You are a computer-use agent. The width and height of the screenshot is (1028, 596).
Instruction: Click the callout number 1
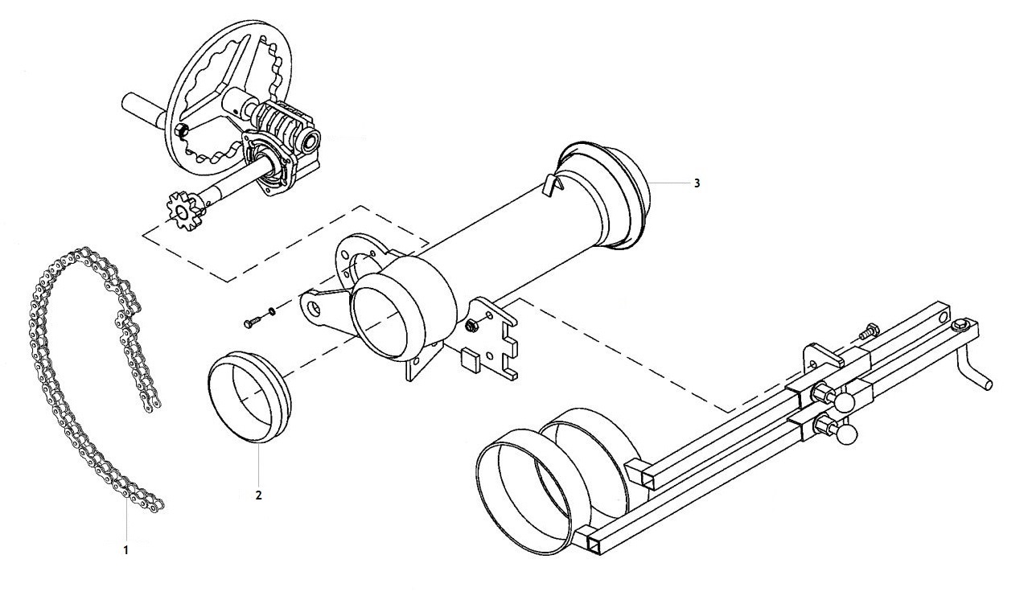click(x=125, y=551)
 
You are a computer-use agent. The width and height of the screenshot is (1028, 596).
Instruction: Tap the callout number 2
click(x=258, y=495)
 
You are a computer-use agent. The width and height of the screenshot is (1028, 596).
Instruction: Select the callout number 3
click(x=697, y=183)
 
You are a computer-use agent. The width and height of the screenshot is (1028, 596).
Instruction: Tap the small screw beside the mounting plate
click(x=251, y=323)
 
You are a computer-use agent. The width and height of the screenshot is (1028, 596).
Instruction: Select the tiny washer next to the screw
click(x=273, y=310)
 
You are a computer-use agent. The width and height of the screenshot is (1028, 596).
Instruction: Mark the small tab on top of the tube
click(x=551, y=186)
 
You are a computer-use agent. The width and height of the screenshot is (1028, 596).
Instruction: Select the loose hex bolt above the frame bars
click(x=869, y=330)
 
